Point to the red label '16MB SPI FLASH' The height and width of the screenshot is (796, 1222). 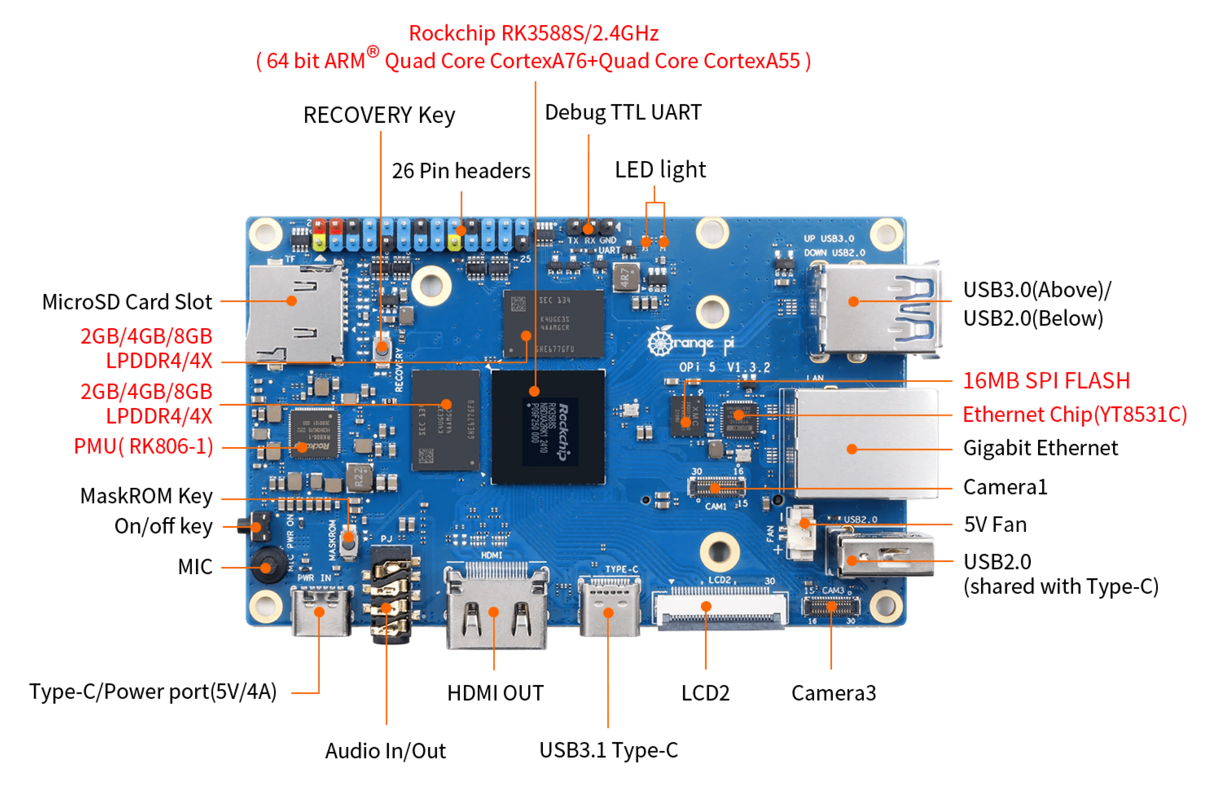point(1046,381)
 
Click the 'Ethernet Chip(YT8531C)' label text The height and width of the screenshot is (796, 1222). point(1074,415)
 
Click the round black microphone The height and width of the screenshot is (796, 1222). point(266,567)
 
